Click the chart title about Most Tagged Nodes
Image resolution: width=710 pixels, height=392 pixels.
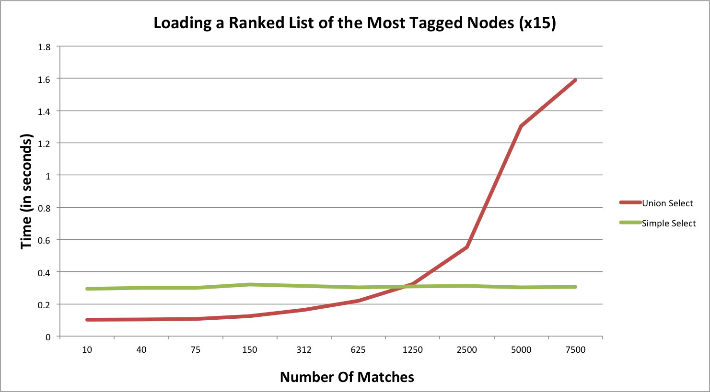point(354,23)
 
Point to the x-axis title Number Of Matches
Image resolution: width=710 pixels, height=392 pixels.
point(347,377)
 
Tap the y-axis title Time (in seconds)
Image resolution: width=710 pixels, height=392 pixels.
point(27,191)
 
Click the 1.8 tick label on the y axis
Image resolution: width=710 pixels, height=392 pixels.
point(44,47)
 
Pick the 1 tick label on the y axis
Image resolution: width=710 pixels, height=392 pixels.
point(47,176)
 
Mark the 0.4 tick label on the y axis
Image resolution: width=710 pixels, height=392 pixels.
point(44,272)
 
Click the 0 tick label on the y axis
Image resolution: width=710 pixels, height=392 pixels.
point(47,337)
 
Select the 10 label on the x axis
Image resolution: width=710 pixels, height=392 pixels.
point(87,349)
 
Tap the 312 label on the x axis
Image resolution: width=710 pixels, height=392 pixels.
point(304,349)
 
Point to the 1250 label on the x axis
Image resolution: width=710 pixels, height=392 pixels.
point(412,349)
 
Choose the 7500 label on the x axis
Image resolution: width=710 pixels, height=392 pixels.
point(575,349)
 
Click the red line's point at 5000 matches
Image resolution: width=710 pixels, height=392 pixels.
point(521,126)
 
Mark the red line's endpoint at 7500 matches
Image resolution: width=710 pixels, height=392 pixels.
point(575,80)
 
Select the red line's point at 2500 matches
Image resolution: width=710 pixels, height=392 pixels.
point(467,247)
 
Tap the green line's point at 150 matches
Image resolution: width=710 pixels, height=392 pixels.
point(250,284)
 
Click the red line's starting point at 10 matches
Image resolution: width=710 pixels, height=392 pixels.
point(87,319)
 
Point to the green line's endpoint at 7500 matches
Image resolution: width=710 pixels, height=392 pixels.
point(575,287)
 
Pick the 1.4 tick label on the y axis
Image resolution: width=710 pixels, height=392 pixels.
point(44,111)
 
